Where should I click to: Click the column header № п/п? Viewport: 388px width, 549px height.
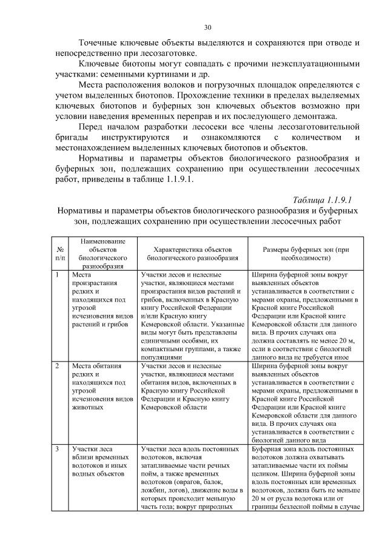tap(61, 253)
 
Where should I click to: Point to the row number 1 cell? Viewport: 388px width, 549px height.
tap(58, 274)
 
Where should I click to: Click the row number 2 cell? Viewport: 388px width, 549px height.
tap(58, 366)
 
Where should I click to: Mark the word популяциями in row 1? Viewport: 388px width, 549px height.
tap(161, 358)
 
